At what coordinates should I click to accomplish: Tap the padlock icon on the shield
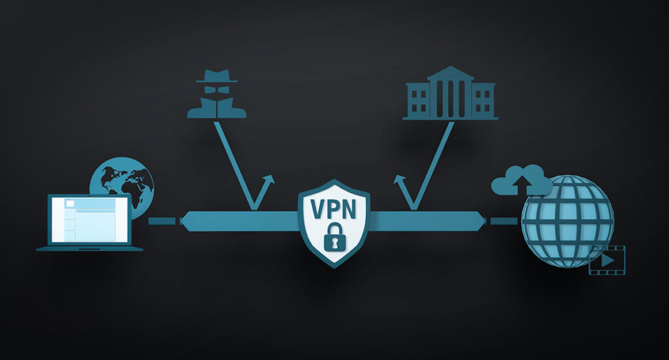tap(335, 237)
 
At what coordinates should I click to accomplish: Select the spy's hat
tap(217, 76)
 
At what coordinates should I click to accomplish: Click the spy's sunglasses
tap(217, 89)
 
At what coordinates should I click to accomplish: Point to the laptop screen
tap(90, 220)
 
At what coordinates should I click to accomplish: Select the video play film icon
tap(607, 260)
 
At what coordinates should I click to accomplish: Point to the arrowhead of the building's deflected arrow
tap(399, 180)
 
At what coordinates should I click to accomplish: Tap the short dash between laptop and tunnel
tap(162, 221)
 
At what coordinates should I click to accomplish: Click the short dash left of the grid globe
tap(504, 221)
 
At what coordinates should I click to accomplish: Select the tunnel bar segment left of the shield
tap(239, 221)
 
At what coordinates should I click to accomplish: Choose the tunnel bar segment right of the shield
tap(427, 221)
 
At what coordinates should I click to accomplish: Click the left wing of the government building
tap(418, 100)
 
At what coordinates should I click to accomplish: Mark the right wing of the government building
tap(483, 100)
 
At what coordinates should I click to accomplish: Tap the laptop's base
tap(90, 248)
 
